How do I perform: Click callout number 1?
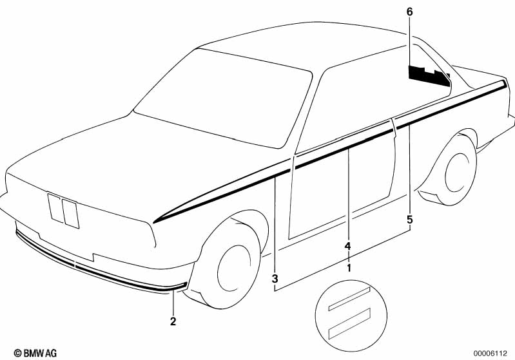349,267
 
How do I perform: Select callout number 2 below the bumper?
173,320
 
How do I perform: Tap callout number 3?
275,278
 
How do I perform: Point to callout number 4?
347,246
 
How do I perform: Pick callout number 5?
409,220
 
